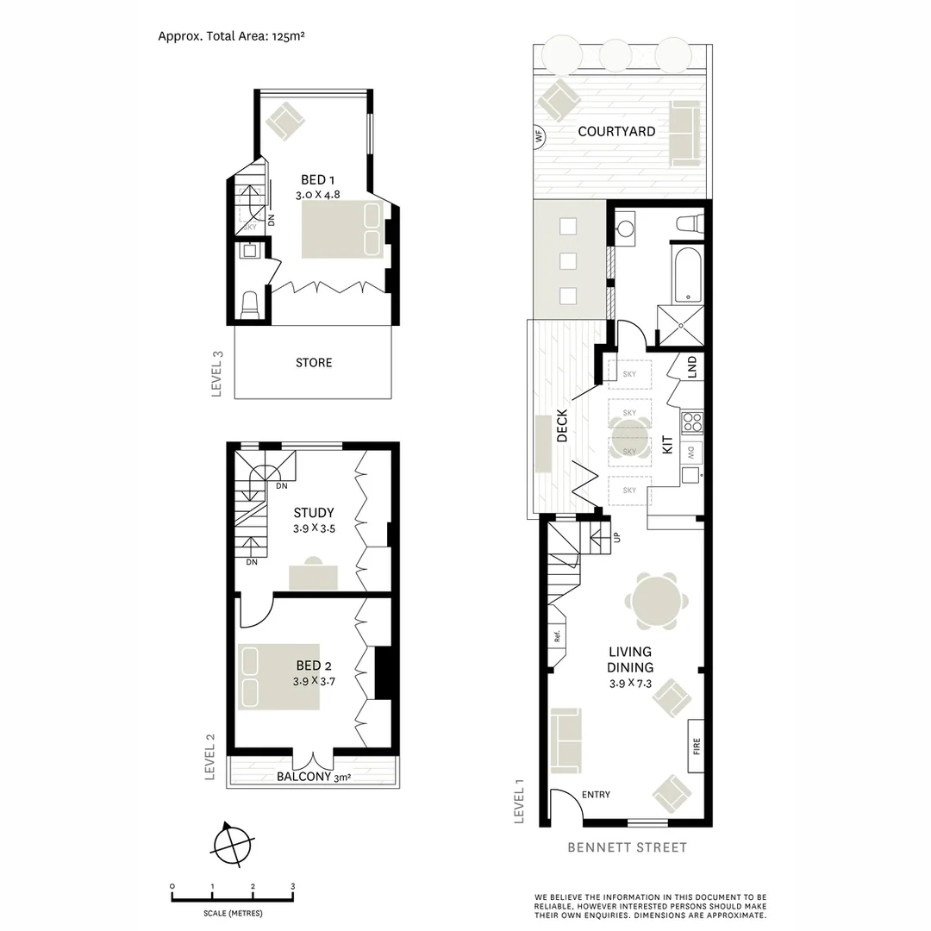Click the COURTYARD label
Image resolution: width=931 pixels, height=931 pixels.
click(x=616, y=132)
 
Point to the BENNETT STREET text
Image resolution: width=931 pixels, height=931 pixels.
click(x=627, y=847)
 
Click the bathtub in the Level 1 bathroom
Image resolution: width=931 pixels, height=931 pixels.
click(x=687, y=273)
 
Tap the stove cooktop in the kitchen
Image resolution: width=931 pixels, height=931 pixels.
click(x=692, y=422)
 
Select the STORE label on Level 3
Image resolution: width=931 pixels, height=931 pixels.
click(x=314, y=363)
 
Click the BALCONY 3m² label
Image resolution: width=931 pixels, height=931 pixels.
click(x=313, y=777)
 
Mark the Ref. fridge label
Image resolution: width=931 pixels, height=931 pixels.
click(x=558, y=639)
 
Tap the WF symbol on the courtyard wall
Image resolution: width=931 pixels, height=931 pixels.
click(x=540, y=135)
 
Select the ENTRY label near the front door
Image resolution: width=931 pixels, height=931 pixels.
click(x=596, y=795)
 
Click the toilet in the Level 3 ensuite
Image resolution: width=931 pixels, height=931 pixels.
click(x=250, y=305)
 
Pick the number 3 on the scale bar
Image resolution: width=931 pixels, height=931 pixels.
click(x=292, y=886)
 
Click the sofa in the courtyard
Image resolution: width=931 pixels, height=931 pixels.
click(x=685, y=133)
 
